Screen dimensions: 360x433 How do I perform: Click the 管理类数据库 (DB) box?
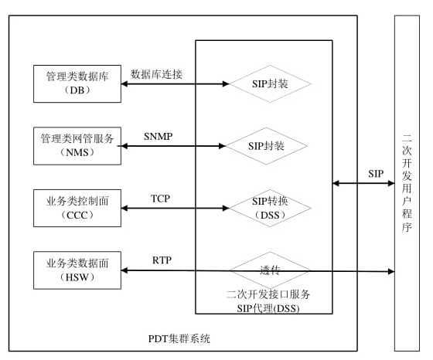(77, 83)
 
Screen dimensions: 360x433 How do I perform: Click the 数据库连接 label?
(157, 74)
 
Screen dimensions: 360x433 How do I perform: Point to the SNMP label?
(158, 137)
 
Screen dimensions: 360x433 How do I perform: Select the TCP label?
(160, 199)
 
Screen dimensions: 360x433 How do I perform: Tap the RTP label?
(162, 260)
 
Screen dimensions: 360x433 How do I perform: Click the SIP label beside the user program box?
(376, 174)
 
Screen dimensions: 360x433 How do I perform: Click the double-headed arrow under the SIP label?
(363, 184)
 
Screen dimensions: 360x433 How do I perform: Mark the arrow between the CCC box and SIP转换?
(173, 208)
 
